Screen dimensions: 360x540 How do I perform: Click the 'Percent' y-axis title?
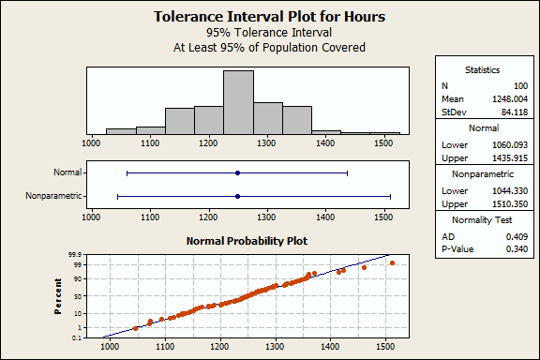point(59,294)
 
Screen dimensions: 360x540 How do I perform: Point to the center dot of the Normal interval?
point(237,172)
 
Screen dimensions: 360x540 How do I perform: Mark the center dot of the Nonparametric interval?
point(237,196)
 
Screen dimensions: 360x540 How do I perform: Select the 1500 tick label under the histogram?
point(383,144)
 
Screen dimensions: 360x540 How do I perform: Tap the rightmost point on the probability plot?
point(392,262)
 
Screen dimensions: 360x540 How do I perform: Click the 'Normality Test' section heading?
point(484,220)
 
